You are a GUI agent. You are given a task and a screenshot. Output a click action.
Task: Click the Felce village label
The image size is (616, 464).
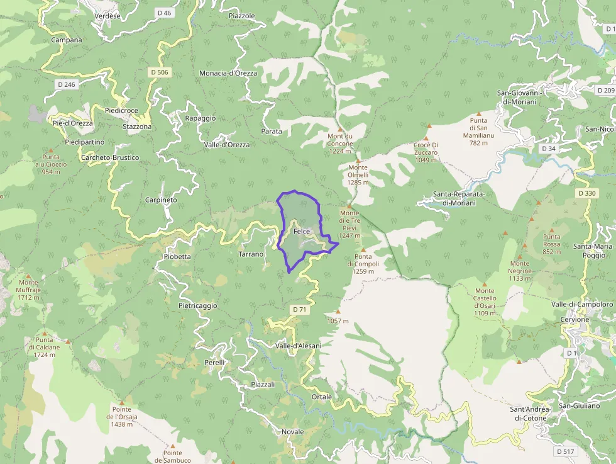pyautogui.click(x=302, y=232)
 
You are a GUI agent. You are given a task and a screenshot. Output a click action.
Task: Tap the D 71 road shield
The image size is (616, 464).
pyautogui.click(x=299, y=310)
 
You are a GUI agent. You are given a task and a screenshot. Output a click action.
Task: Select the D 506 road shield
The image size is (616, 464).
pyautogui.click(x=160, y=72)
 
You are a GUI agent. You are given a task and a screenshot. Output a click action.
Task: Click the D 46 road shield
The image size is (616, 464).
pyautogui.click(x=165, y=13)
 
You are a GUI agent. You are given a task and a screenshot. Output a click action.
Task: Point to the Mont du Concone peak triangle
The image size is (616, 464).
pyautogui.click(x=341, y=127)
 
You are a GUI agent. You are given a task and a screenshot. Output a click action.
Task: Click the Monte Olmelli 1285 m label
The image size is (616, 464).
pyautogui.click(x=358, y=174)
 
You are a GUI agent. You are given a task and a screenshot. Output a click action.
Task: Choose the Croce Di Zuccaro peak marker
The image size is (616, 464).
pyautogui.click(x=426, y=138)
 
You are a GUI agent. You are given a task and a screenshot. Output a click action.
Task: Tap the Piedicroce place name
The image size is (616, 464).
pyautogui.click(x=121, y=110)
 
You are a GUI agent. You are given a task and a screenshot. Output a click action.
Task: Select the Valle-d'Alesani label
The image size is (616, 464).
pyautogui.click(x=298, y=346)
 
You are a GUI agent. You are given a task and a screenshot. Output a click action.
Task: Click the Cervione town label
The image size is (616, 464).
pyautogui.click(x=575, y=319)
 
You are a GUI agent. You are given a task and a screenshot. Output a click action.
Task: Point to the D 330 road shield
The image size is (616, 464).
pyautogui.click(x=586, y=193)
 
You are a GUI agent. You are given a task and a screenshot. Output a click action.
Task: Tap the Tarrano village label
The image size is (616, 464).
pyautogui.click(x=251, y=254)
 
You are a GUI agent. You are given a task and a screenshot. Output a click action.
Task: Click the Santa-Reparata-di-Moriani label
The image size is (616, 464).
pyautogui.click(x=465, y=198)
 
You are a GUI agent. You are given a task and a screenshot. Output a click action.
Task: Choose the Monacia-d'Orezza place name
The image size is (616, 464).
pyautogui.click(x=228, y=73)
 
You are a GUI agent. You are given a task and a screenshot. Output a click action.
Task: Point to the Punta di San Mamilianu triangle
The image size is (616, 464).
pyautogui.click(x=478, y=113)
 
